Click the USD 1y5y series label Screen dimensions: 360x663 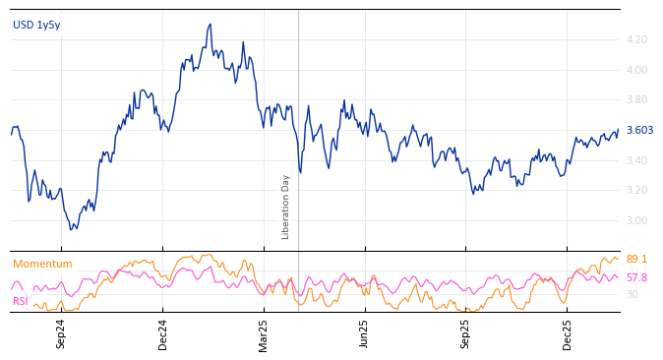[x=36, y=25]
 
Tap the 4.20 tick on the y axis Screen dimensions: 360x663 [x=636, y=40]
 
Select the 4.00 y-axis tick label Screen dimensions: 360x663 [x=636, y=70]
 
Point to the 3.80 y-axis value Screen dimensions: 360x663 [x=636, y=100]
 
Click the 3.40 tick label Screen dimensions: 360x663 [x=636, y=160]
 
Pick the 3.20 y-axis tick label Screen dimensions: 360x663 [x=636, y=191]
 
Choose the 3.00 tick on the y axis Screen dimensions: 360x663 [x=636, y=220]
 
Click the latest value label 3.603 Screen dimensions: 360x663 [x=639, y=130]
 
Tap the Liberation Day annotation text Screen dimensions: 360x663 [x=286, y=207]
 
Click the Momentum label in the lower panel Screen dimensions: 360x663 [x=42, y=264]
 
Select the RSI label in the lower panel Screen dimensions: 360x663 [x=21, y=301]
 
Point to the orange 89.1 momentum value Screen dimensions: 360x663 [x=636, y=259]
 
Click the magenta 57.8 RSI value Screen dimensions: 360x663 [x=636, y=277]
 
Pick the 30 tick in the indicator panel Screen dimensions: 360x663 [x=632, y=294]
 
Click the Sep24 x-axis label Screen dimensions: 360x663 [x=61, y=333]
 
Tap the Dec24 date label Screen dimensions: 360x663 [x=163, y=333]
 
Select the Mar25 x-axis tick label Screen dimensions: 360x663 [x=264, y=333]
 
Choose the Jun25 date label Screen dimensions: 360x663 [x=364, y=333]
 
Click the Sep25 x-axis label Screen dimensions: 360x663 [x=466, y=333]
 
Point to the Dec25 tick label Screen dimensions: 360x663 [x=568, y=333]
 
